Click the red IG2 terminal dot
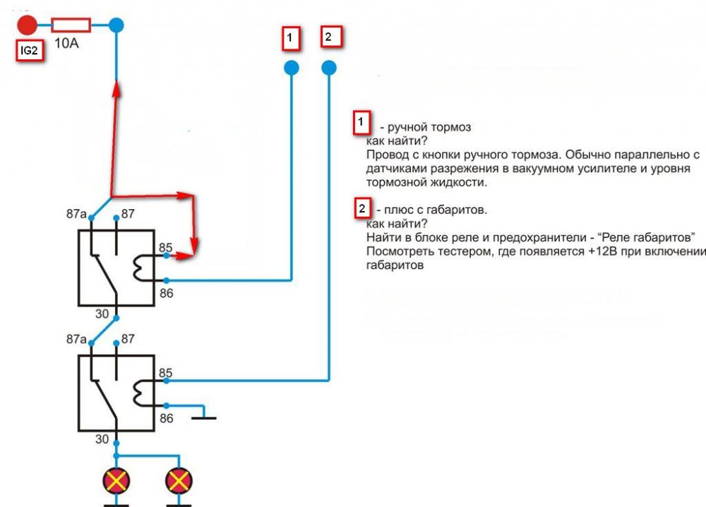point(27,25)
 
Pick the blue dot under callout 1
point(291,68)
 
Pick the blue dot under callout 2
point(329,68)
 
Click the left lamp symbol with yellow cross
point(115,482)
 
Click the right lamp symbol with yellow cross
point(176,482)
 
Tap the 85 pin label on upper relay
point(165,248)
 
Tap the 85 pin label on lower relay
point(166,372)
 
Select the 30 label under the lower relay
point(102,439)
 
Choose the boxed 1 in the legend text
point(361,124)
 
